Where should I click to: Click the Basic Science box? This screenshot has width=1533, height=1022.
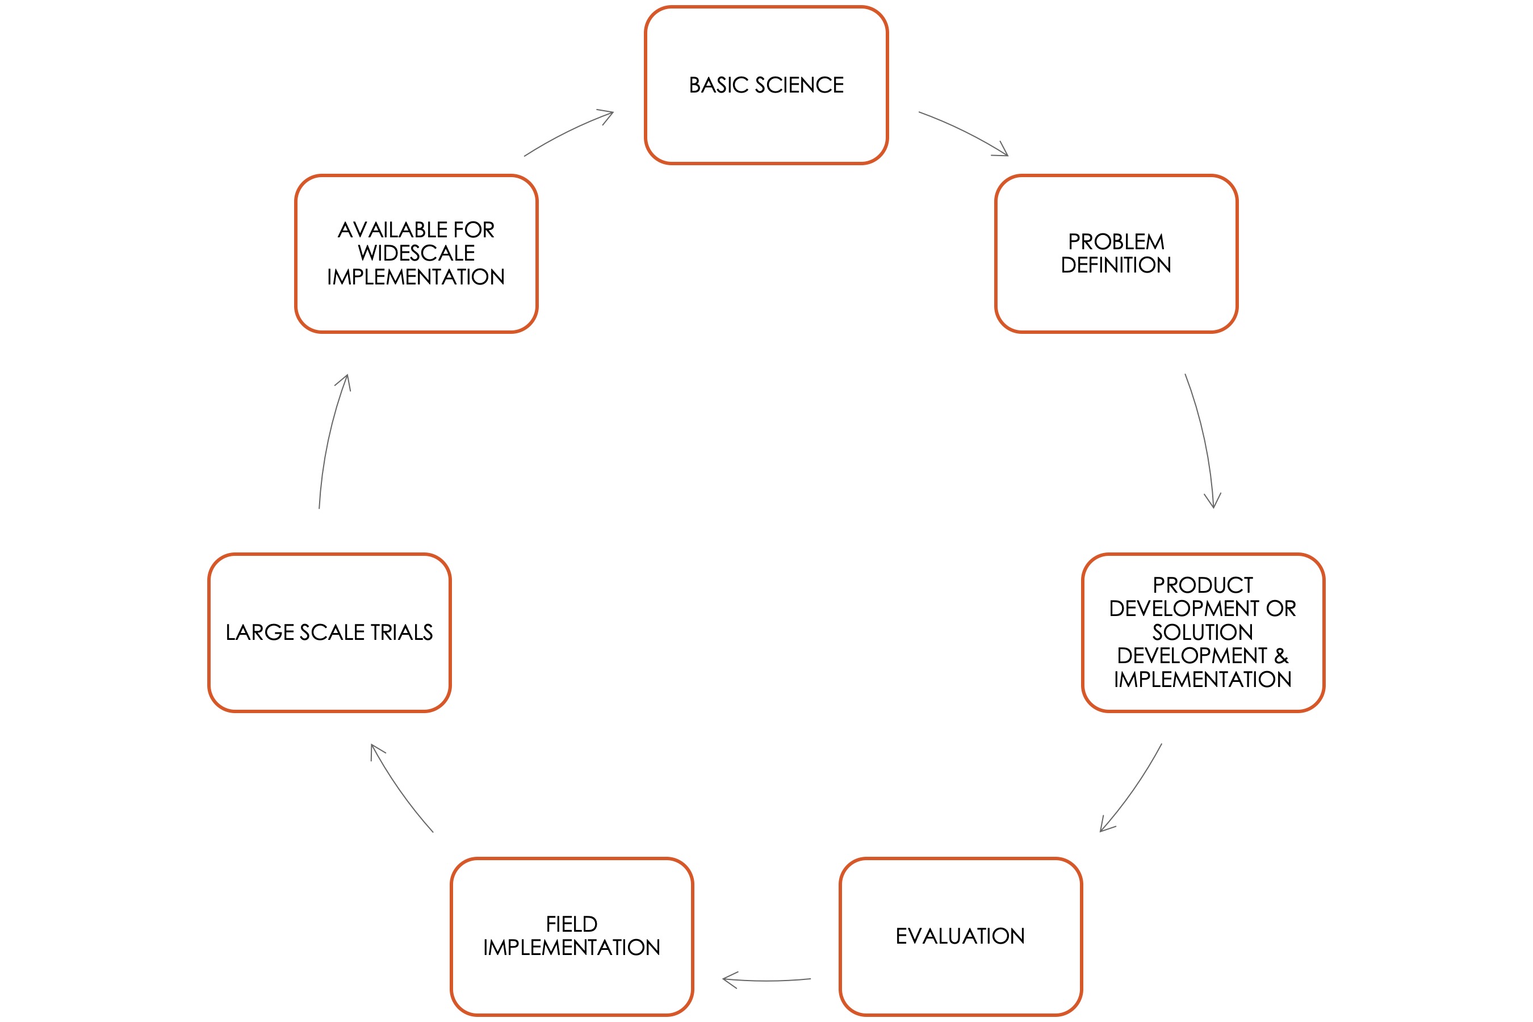766,85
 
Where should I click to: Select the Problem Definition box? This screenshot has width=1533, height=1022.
1116,254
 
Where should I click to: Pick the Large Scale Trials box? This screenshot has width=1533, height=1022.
329,633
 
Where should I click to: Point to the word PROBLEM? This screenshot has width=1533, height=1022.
1116,242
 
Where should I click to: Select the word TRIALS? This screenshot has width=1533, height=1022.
401,633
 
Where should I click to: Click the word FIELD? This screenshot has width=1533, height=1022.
572,924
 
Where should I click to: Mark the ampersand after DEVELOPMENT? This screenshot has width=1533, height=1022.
1281,656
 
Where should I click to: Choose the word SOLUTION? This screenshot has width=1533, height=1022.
1203,633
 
